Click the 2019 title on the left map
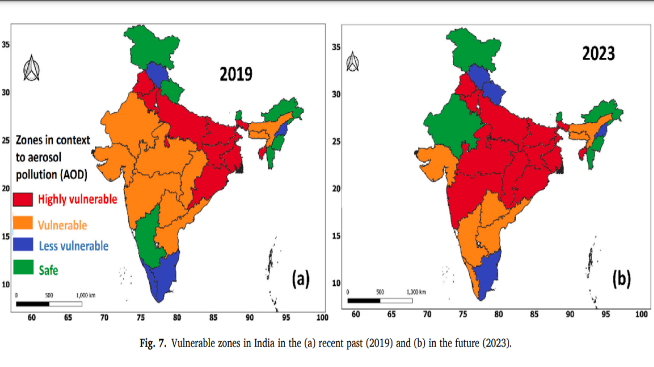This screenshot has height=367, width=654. (236, 74)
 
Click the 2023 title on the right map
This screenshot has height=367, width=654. (598, 54)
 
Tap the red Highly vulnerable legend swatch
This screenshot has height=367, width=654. (23, 199)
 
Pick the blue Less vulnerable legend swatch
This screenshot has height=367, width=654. (23, 245)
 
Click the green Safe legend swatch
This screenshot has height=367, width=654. (23, 268)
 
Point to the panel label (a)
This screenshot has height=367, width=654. (301, 279)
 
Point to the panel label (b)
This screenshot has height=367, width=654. (621, 279)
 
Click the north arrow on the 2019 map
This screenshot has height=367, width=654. (32, 68)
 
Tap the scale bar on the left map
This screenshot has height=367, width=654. (49, 303)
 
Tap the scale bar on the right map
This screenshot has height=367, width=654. (380, 300)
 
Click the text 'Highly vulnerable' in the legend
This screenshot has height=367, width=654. (78, 199)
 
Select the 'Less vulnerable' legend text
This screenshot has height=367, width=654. (74, 246)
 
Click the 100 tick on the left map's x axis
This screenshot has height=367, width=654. (322, 318)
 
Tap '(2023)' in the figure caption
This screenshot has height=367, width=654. (496, 343)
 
